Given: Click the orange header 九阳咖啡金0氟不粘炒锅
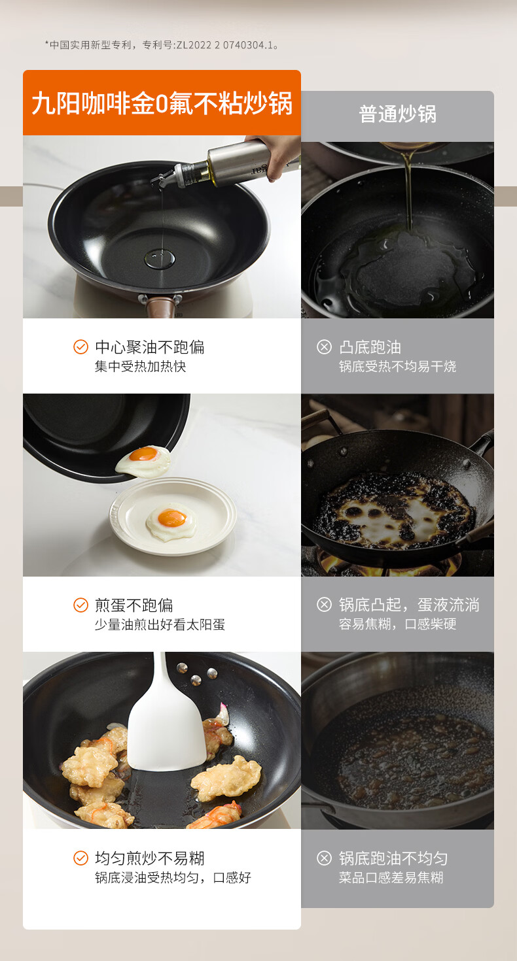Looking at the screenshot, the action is [162, 103].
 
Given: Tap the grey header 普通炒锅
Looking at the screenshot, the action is [398, 114].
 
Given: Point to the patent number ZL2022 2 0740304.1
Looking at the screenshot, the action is [224, 45].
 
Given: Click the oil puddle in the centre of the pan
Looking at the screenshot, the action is [160, 259].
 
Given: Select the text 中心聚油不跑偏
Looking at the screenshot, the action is [149, 347].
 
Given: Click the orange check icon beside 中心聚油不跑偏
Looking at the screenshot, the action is [80, 346].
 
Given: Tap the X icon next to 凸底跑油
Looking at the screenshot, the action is [324, 346].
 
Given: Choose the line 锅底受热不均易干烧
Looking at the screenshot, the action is [397, 366].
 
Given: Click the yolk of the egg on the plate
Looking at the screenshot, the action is [171, 518].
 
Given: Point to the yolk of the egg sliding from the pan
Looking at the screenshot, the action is [143, 454].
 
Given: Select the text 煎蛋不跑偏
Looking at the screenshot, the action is [134, 605].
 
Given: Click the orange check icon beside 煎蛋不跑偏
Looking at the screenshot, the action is [80, 605].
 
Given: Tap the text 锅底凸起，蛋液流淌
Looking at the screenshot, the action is [409, 605].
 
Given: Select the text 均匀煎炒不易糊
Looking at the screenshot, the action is [149, 858].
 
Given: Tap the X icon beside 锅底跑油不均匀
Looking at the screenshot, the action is [324, 858].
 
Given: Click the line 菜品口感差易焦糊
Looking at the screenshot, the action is [391, 878].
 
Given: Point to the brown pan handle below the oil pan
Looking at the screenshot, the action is [161, 305].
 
